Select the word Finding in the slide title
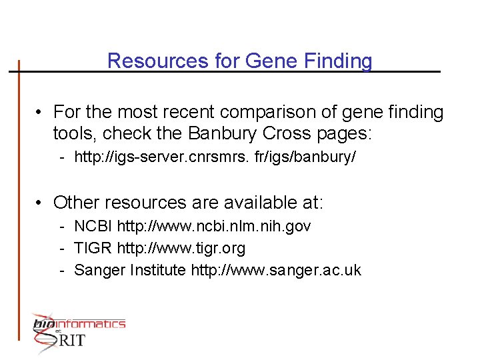coord(338,61)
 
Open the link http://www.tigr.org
coord(181,249)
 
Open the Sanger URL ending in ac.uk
coord(276,270)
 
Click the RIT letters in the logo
coord(71,340)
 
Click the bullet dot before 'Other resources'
coord(41,203)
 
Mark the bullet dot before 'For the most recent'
coord(41,112)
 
